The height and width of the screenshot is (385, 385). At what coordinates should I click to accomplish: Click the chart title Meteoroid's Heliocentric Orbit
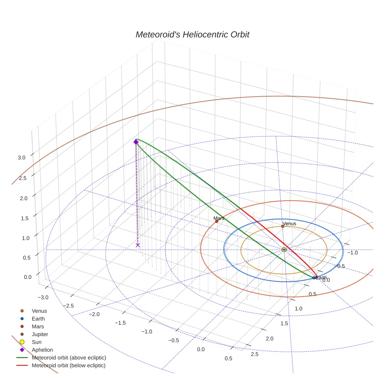[192, 35]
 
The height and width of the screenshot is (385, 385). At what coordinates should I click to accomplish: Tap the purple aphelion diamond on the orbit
[136, 142]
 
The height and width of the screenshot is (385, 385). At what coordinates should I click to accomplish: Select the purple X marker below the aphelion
[138, 245]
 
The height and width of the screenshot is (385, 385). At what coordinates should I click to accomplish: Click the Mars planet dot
[217, 221]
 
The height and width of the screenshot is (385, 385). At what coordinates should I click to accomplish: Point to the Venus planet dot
[282, 226]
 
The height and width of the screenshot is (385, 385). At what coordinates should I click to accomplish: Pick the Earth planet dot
[314, 278]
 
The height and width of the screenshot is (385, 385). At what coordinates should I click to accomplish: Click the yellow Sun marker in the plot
[284, 249]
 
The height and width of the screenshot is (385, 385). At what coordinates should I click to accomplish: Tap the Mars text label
[219, 218]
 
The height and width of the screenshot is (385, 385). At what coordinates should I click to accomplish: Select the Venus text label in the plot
[289, 223]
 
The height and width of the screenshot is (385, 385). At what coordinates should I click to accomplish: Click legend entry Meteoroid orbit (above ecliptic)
[69, 358]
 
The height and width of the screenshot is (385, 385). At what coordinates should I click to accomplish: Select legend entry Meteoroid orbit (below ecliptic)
[68, 365]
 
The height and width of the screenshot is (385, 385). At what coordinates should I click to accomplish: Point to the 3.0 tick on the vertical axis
[22, 157]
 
